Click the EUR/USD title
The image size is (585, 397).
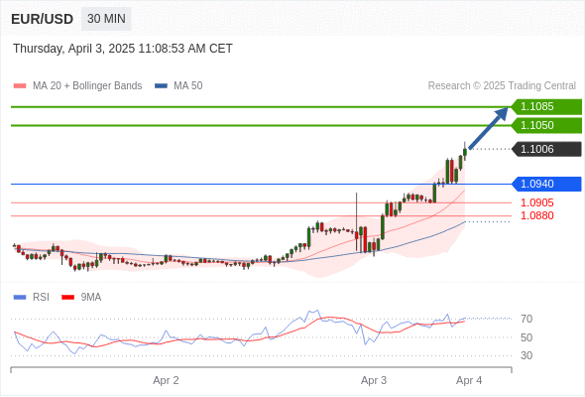tap(43, 19)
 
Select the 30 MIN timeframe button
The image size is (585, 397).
tap(106, 19)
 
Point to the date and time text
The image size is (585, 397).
tap(123, 49)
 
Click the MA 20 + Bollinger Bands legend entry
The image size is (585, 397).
tap(77, 86)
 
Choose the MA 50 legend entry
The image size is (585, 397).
tap(178, 86)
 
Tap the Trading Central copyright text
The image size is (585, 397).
tap(502, 86)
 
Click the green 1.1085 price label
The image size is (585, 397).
tap(546, 107)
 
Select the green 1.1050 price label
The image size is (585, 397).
tap(546, 125)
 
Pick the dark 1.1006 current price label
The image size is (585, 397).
tap(546, 149)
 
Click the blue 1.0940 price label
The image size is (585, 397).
tap(546, 184)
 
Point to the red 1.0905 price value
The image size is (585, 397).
tap(536, 202)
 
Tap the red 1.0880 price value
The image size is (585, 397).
tap(536, 215)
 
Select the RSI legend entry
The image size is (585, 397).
tap(32, 298)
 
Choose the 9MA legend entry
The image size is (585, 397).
tap(81, 298)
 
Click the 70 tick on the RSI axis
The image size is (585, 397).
tap(526, 319)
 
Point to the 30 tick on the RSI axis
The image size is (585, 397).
tap(526, 355)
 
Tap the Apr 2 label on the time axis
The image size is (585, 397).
tap(166, 380)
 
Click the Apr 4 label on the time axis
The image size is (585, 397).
tap(469, 380)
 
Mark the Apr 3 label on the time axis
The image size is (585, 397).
tap(374, 380)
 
